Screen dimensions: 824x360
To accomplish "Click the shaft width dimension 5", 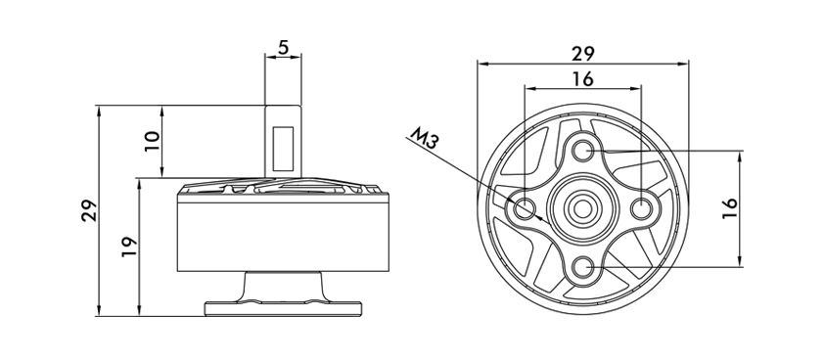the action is tap(283, 48).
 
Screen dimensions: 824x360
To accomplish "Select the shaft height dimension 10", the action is tap(152, 141).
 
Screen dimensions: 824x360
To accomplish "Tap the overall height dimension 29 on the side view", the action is tap(89, 210).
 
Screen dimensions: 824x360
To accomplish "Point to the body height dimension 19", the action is tap(129, 246).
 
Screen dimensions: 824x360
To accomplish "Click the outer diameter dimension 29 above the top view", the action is tap(582, 54).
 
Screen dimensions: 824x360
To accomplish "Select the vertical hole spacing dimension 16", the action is tap(730, 208).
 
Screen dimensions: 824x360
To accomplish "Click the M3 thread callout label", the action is tap(424, 139).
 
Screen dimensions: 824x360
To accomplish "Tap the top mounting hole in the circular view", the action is tap(582, 151).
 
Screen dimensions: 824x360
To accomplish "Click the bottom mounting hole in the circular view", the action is tap(582, 267).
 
